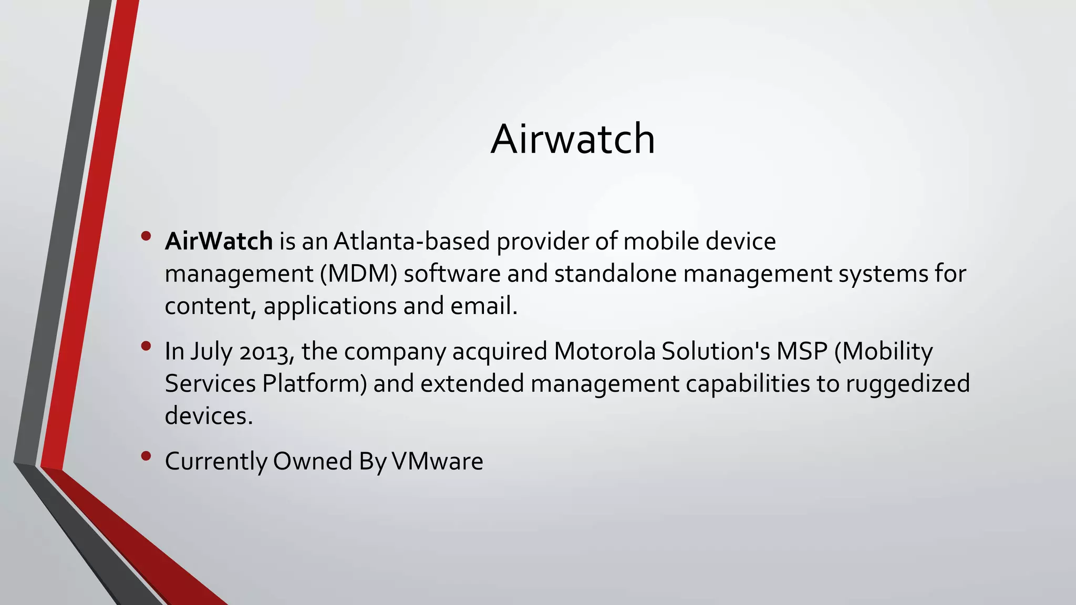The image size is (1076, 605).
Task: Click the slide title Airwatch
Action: pos(573,139)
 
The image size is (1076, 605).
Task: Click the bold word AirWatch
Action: pos(219,242)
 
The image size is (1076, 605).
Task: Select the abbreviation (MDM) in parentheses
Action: pos(358,274)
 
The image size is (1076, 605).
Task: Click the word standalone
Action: pos(615,274)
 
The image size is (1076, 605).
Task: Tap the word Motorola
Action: pos(605,351)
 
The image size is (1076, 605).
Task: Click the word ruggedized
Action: pos(907,383)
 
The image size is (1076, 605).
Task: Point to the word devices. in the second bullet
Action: pos(209,416)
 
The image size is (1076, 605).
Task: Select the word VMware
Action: pos(437,461)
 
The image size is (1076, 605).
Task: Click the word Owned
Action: pos(312,461)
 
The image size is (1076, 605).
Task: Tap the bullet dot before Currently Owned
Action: pos(146,456)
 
